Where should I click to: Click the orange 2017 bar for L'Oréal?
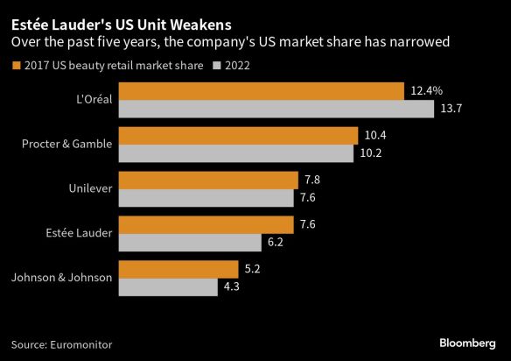click(x=261, y=91)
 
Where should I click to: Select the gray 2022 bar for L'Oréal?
click(x=276, y=109)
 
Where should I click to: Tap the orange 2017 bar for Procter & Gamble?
click(x=238, y=136)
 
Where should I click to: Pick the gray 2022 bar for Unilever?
click(x=206, y=198)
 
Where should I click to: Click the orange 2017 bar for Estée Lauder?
click(x=206, y=225)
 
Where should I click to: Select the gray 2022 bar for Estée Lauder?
click(x=190, y=243)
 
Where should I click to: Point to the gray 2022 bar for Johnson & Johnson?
click(x=168, y=287)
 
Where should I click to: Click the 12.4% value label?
click(x=426, y=91)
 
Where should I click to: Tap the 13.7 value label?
click(x=451, y=109)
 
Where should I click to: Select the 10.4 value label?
click(x=375, y=136)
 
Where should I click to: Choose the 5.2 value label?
click(x=252, y=269)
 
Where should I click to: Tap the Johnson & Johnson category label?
click(x=61, y=278)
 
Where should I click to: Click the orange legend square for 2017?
click(x=16, y=66)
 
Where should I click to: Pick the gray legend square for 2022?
click(x=220, y=66)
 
